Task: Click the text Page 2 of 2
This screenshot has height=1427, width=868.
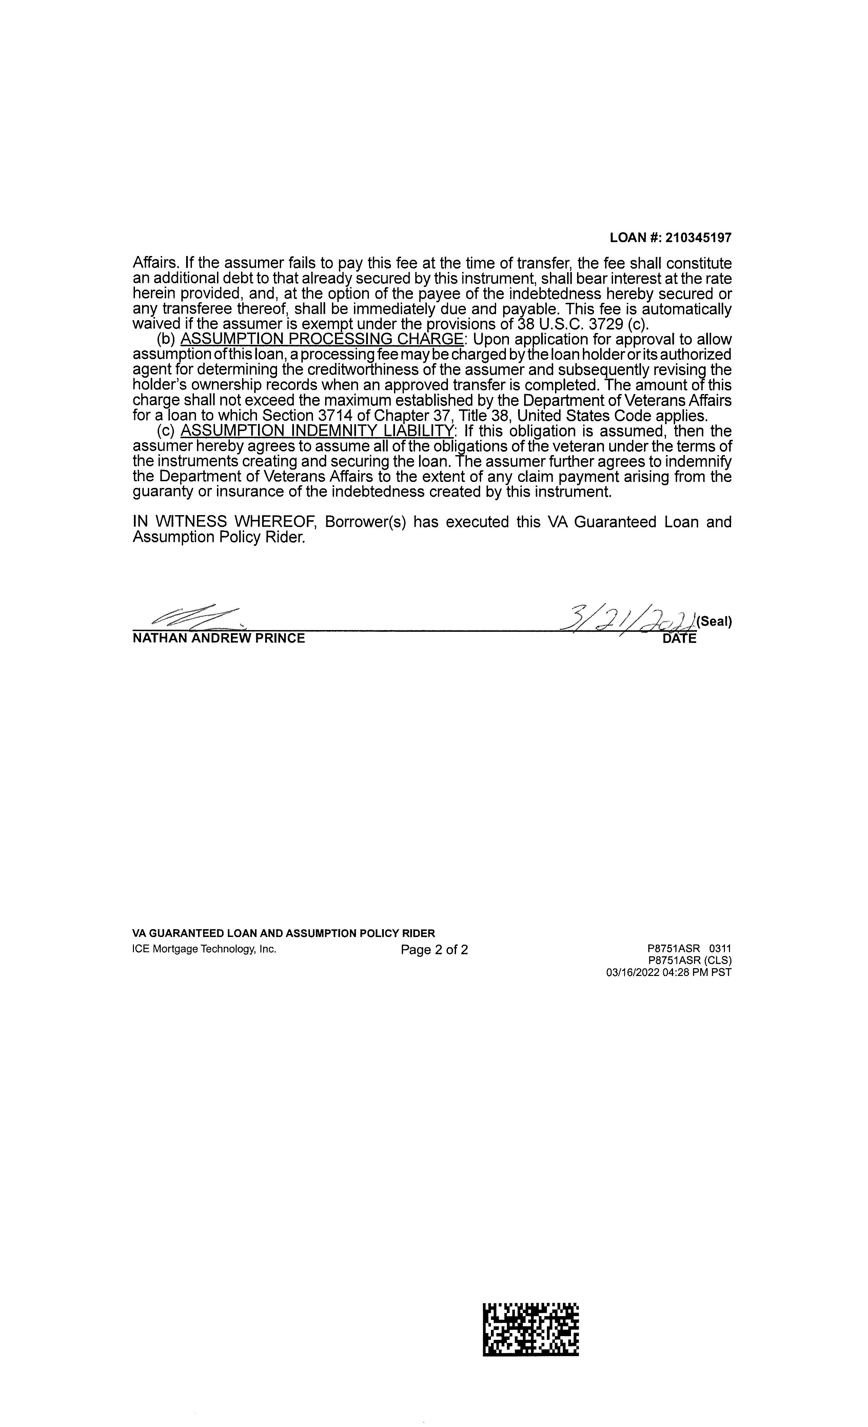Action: (434, 950)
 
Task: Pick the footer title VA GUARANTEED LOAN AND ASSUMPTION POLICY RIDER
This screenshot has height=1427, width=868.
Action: (284, 934)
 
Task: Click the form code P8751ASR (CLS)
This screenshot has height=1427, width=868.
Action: (690, 961)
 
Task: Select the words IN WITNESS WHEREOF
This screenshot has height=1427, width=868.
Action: (224, 522)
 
